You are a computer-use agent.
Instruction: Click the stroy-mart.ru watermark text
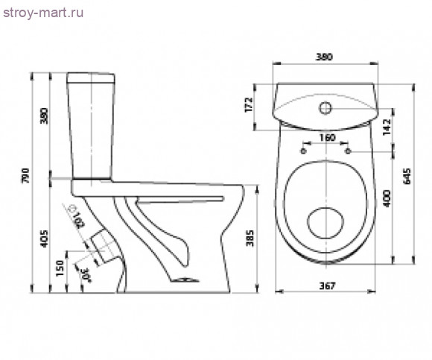click(43, 13)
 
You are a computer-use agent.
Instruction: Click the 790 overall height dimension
click(25, 176)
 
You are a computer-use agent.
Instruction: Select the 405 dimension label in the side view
click(44, 239)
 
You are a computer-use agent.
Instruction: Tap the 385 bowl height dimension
click(250, 239)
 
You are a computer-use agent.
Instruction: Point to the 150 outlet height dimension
click(60, 268)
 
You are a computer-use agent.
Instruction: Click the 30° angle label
click(86, 274)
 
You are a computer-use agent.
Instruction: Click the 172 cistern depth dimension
click(249, 104)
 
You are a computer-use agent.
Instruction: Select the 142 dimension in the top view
click(387, 127)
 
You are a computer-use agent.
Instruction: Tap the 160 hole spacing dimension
click(327, 137)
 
